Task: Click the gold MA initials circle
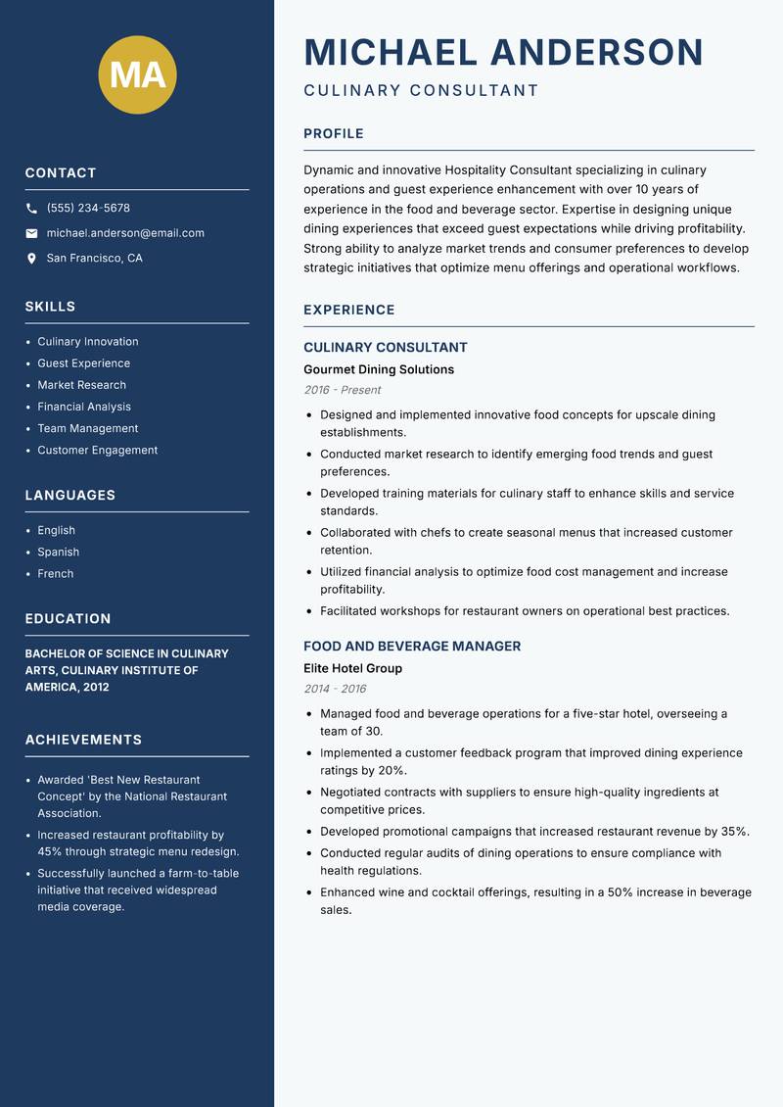click(137, 75)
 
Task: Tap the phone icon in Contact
click(32, 209)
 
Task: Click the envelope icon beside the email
click(32, 233)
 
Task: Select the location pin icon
click(32, 259)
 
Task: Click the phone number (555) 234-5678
click(88, 209)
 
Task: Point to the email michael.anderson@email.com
click(125, 233)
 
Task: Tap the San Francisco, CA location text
click(94, 259)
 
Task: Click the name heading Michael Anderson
click(504, 52)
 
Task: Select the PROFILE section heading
click(334, 134)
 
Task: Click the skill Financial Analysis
click(84, 407)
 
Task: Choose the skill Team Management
click(87, 428)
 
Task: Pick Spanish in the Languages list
click(58, 552)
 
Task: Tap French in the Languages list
click(55, 573)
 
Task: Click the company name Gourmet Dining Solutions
click(379, 369)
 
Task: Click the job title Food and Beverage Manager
click(412, 647)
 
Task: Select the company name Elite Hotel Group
click(352, 668)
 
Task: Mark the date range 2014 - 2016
click(335, 689)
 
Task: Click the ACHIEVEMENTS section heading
click(83, 740)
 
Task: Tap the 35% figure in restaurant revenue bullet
click(734, 832)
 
